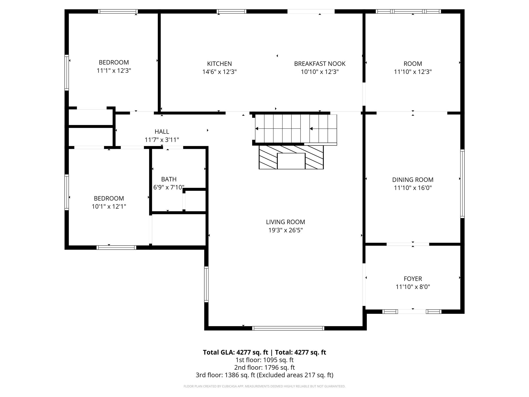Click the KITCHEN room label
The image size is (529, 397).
[x=219, y=64]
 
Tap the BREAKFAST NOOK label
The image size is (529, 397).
[x=320, y=64]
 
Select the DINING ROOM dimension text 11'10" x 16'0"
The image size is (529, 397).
[x=413, y=188]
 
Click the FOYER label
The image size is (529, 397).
[x=413, y=279]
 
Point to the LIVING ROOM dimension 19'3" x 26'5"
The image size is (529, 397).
[x=285, y=230]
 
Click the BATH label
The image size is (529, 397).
[x=169, y=179]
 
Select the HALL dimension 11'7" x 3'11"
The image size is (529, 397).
[x=162, y=140]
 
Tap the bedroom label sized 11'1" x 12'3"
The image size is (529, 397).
[x=114, y=62]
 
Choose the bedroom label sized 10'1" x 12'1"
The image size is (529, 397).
[x=109, y=198]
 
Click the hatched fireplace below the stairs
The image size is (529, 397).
[x=291, y=157]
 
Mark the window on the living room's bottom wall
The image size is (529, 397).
[x=288, y=328]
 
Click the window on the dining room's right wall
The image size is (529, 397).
[x=462, y=184]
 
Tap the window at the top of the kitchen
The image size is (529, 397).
[x=231, y=11]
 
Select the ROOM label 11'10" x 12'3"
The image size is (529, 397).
[x=413, y=64]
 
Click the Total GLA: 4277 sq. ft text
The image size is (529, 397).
[x=235, y=352]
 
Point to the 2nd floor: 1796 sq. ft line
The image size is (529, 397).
[x=264, y=367]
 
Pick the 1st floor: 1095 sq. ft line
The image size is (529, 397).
[x=264, y=360]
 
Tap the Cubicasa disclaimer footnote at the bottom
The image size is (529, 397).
[x=264, y=386]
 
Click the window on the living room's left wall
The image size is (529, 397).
[x=206, y=284]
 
